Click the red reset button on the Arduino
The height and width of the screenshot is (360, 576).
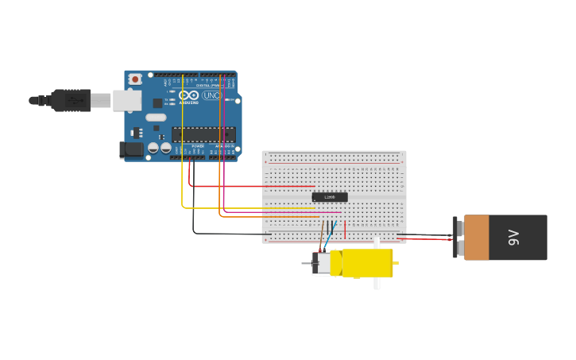[x=136, y=79]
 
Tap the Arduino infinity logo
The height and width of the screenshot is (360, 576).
[x=189, y=95]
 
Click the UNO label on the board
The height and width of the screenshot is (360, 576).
[x=211, y=95]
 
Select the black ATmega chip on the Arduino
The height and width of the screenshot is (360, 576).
[x=203, y=134]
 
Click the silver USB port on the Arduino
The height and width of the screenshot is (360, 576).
[x=127, y=100]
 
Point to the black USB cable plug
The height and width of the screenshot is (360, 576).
[x=72, y=100]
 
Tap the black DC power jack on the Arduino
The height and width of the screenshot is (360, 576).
[x=131, y=149]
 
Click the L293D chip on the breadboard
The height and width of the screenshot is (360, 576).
[x=329, y=196]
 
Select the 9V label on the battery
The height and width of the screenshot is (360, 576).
[x=514, y=237]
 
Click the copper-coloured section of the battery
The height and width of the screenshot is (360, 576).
[x=477, y=237]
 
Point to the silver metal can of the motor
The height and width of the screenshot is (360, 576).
[x=323, y=263]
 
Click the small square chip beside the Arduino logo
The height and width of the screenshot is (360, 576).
[x=157, y=103]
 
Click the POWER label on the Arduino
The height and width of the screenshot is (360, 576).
[x=198, y=146]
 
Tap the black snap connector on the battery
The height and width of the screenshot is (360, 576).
[x=456, y=237]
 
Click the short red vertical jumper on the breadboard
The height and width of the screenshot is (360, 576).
[x=345, y=229]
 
